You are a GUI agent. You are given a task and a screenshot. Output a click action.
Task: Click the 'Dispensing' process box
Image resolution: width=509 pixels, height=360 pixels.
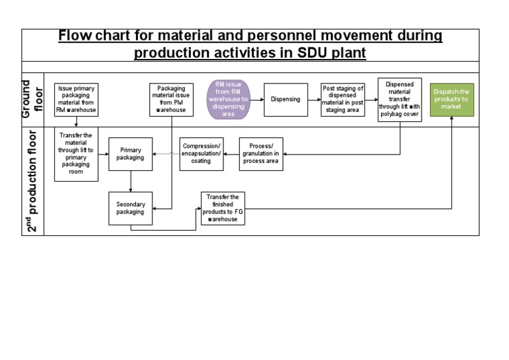286,99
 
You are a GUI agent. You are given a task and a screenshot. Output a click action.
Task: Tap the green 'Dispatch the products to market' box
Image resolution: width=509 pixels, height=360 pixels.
451,99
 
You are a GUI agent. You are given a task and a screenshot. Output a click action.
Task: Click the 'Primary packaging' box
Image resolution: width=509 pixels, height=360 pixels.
130,154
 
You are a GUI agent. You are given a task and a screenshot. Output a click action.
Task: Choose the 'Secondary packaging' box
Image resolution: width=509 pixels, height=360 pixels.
130,208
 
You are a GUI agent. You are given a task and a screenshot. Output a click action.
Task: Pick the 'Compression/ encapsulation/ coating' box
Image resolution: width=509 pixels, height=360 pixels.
201,154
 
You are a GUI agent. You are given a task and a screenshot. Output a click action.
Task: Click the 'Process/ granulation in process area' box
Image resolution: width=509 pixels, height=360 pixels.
260,154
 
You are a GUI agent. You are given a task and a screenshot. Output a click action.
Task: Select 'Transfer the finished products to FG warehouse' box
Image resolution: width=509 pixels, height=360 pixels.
223,208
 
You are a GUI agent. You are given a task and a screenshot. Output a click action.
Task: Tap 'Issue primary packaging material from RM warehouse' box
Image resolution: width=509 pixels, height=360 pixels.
76,99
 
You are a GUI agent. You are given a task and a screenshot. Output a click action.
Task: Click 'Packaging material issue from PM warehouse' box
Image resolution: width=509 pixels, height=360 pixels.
171,99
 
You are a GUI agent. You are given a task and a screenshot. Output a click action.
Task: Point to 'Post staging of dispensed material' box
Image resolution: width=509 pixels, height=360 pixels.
343,99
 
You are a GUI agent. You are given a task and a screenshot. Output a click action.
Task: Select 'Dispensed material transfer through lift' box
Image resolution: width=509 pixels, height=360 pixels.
400,99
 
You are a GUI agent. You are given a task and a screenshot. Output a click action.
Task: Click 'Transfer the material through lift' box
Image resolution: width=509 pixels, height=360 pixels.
76,154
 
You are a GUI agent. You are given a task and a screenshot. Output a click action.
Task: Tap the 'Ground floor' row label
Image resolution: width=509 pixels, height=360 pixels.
33,99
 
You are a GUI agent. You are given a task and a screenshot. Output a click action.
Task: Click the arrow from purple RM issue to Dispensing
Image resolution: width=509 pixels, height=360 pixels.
257,99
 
